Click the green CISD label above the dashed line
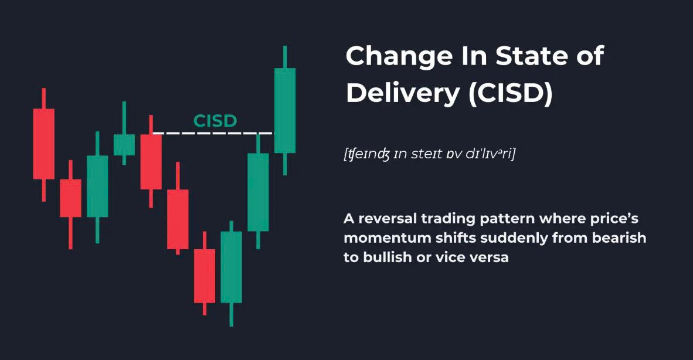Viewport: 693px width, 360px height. (215, 121)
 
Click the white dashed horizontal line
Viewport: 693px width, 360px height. (213, 133)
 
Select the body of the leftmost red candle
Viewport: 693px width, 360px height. (44, 144)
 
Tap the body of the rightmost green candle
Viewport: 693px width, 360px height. (285, 110)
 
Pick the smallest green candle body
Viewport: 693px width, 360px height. (124, 145)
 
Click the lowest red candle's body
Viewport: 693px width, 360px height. (205, 276)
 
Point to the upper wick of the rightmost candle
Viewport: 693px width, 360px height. (285, 57)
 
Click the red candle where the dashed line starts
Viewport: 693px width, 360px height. (151, 162)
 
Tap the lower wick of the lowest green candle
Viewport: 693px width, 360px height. (231, 314)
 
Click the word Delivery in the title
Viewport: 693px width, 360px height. (403, 93)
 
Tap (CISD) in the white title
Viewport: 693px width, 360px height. (511, 93)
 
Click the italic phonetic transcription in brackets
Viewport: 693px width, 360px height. (430, 154)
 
